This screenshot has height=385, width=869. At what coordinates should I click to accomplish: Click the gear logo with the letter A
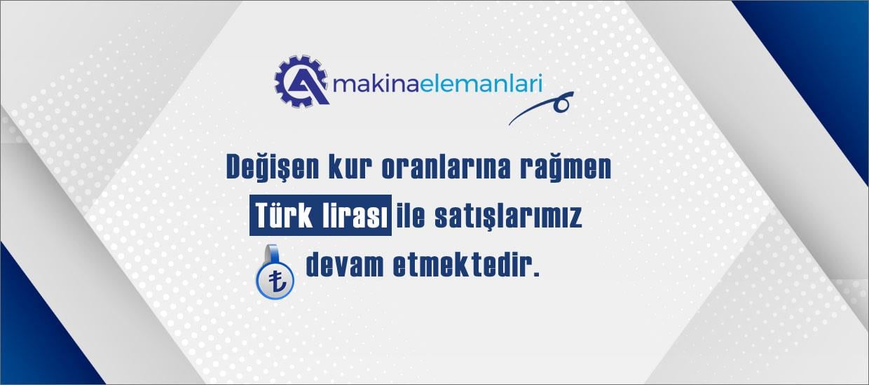(302, 81)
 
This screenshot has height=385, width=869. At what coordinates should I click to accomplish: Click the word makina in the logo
(376, 84)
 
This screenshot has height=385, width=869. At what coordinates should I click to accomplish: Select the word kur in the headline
(350, 168)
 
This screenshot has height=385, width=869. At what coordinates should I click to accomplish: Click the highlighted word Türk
(284, 216)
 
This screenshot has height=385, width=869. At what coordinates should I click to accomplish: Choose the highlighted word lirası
(355, 216)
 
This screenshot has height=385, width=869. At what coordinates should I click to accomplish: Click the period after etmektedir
(536, 274)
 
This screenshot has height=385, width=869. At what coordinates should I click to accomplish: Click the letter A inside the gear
(306, 85)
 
